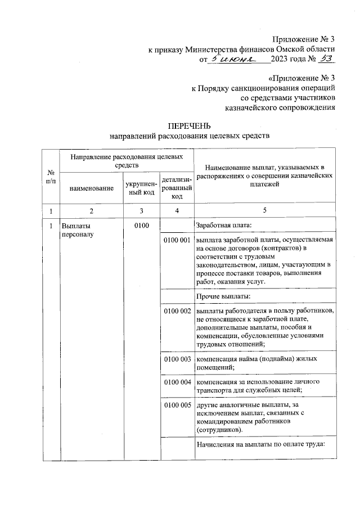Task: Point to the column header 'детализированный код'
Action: pyautogui.click(x=177, y=188)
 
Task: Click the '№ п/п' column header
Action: pyautogui.click(x=51, y=176)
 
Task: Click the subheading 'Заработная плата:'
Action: pyautogui.click(x=223, y=226)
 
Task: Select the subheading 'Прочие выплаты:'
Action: pyautogui.click(x=223, y=296)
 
